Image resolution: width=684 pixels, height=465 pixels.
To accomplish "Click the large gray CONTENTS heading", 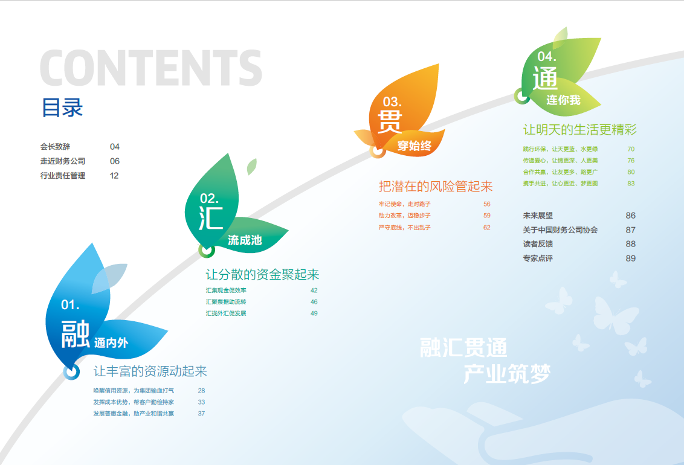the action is tap(151, 68).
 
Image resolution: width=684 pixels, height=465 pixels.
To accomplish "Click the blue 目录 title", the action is tap(62, 107).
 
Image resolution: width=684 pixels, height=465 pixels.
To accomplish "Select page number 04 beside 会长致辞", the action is tap(115, 146).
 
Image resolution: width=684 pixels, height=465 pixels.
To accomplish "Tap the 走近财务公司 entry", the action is tap(63, 161).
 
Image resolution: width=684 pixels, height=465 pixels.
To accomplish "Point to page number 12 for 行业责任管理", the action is tap(114, 176).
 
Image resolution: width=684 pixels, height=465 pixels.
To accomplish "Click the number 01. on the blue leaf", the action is tap(70, 304).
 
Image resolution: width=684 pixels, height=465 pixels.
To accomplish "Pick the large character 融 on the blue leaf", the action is tap(76, 335).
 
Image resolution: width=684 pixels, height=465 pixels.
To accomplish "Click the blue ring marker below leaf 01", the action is tap(71, 372).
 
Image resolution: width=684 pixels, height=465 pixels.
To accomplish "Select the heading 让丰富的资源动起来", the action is tap(150, 371).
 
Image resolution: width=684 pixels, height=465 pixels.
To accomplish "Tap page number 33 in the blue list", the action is tap(201, 402).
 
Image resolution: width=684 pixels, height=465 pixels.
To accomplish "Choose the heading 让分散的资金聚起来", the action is tap(262, 275).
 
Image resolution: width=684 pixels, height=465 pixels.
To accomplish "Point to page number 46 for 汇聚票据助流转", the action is tap(314, 301).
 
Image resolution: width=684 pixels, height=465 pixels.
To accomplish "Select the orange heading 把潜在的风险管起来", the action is tap(435, 187).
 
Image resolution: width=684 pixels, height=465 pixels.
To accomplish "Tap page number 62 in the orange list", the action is tap(487, 228).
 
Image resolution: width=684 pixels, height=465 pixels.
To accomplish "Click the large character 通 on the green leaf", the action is tap(545, 79).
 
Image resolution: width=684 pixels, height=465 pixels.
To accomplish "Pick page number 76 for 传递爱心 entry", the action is tap(631, 161).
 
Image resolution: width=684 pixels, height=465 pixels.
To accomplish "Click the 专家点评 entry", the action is tap(538, 258).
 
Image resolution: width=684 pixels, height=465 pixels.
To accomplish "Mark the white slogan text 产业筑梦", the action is tap(507, 374).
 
